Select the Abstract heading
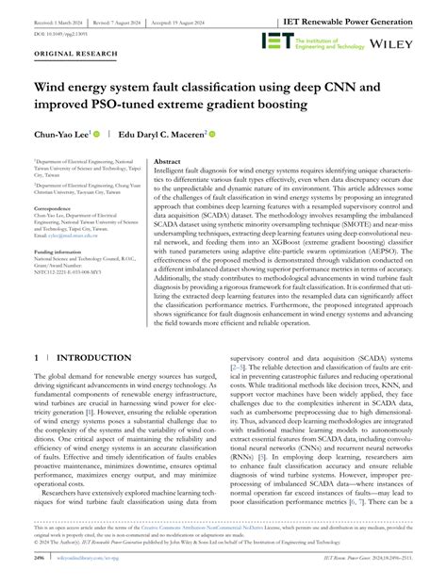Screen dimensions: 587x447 tap(169, 162)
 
